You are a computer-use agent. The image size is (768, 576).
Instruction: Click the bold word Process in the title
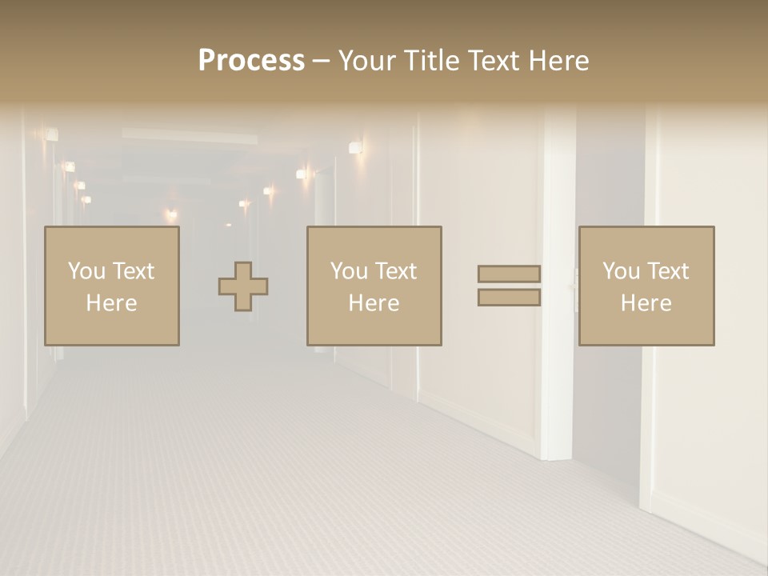pyautogui.click(x=251, y=61)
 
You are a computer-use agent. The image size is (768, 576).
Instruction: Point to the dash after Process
pyautogui.click(x=321, y=62)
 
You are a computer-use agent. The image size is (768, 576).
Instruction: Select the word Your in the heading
pyautogui.click(x=366, y=61)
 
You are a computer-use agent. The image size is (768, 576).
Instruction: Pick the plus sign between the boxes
pyautogui.click(x=243, y=286)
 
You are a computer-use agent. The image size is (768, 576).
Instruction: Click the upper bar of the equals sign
pyautogui.click(x=509, y=274)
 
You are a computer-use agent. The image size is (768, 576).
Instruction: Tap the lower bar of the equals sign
pyautogui.click(x=509, y=298)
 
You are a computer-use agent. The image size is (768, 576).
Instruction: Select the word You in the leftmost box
pyautogui.click(x=86, y=271)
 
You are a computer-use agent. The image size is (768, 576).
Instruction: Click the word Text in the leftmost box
pyautogui.click(x=133, y=271)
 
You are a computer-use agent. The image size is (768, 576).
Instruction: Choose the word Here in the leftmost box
pyautogui.click(x=111, y=303)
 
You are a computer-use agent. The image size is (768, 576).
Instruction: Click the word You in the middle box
pyautogui.click(x=349, y=271)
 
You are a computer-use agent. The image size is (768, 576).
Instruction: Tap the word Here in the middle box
pyautogui.click(x=374, y=303)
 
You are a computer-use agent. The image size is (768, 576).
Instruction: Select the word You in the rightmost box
pyautogui.click(x=621, y=271)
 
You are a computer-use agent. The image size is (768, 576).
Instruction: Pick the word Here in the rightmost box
pyautogui.click(x=646, y=303)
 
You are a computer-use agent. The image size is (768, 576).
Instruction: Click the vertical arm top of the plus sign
pyautogui.click(x=243, y=270)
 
